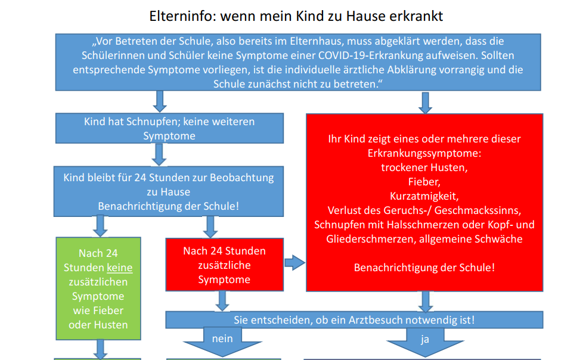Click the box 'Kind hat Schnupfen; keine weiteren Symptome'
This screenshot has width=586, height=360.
169,128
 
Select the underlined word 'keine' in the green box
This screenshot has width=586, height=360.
120,268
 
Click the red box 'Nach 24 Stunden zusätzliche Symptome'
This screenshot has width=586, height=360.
225,265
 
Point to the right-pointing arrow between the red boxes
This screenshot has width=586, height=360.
295,263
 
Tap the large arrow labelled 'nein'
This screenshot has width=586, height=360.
223,341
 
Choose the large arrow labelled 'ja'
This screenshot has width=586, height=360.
425,342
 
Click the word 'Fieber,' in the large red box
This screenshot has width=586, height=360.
424,182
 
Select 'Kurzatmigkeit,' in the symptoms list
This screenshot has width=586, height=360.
424,196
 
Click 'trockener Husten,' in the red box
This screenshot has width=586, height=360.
424,167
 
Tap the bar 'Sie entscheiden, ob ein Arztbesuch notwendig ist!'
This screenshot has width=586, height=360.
354,320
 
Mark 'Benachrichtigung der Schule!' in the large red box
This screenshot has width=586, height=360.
424,268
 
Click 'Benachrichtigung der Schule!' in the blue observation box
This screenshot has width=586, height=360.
169,206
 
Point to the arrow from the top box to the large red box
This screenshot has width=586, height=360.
425,103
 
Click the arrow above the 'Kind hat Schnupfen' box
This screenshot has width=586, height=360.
160,101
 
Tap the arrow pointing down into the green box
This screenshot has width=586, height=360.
100,226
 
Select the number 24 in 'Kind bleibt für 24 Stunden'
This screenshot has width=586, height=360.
140,178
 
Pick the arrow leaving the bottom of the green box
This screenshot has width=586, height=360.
100,349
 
